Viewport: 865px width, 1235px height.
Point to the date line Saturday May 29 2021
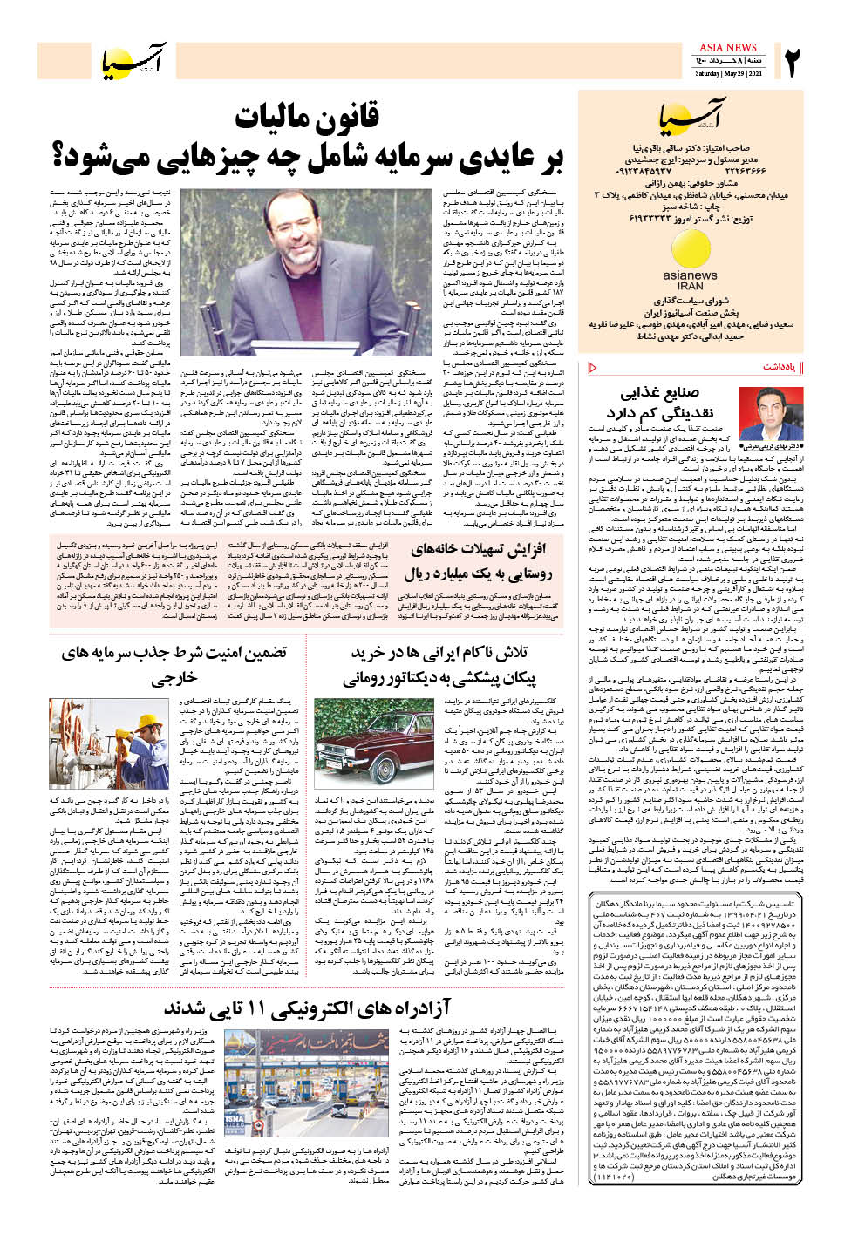pyautogui.click(x=729, y=73)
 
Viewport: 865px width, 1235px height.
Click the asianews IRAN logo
pyautogui.click(x=690, y=261)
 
